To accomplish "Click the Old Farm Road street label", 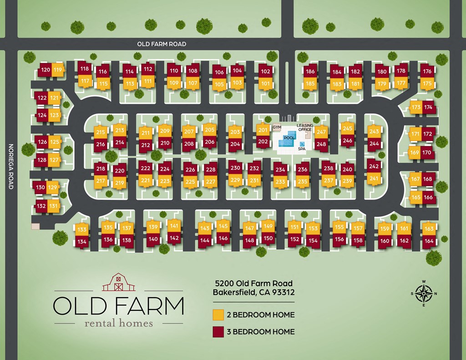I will click(x=162, y=44).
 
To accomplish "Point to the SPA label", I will click(x=302, y=148).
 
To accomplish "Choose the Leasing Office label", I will click(x=304, y=127).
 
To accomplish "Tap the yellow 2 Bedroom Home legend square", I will click(x=218, y=315).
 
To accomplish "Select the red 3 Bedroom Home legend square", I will click(x=218, y=331).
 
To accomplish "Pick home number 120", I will click(x=45, y=70).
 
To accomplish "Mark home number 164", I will click(x=429, y=241).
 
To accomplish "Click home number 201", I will click(x=263, y=130).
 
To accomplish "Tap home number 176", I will click(x=427, y=71).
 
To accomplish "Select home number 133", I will click(x=81, y=230).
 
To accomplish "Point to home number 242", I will click(x=374, y=167).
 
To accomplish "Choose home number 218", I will click(x=101, y=169).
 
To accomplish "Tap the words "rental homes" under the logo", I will click(x=118, y=324).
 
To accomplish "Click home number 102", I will click(x=265, y=71).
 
